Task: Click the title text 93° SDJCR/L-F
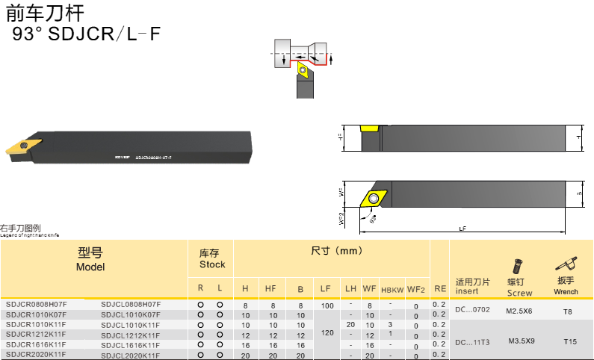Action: tap(86, 34)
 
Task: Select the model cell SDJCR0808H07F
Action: tap(36, 305)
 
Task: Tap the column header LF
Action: tap(326, 288)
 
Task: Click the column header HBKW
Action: tap(392, 289)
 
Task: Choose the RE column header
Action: tap(440, 288)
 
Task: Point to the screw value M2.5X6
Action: tap(519, 310)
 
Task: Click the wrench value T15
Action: tap(571, 341)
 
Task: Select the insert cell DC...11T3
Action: tap(472, 342)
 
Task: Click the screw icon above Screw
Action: tap(516, 266)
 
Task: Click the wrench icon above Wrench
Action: tap(566, 263)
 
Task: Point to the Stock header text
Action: tap(211, 264)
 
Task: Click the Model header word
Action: tap(90, 267)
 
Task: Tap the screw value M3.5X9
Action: tap(521, 341)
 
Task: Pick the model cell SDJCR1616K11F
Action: tap(36, 345)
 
